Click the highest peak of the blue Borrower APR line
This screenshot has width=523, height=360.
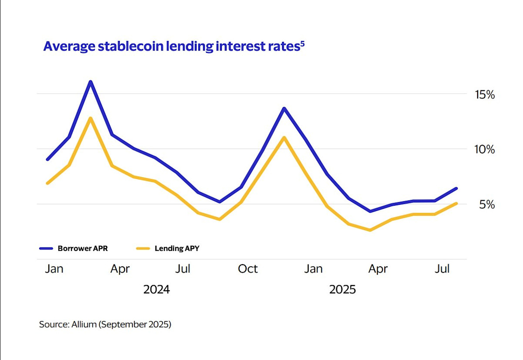coord(90,82)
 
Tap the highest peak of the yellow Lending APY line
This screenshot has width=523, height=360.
coord(90,118)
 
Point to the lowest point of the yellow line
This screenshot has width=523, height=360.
coord(370,230)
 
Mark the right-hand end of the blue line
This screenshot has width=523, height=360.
coord(456,188)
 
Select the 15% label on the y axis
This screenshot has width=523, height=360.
coord(484,94)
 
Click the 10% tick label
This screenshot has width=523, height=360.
coord(484,149)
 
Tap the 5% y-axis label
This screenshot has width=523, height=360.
coord(487,204)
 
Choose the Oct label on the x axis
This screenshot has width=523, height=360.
coord(248,269)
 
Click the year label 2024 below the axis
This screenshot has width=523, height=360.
coord(156,289)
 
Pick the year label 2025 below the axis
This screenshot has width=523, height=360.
coord(343,289)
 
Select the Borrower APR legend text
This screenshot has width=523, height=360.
coord(82,249)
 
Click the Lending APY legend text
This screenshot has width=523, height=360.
coord(177,249)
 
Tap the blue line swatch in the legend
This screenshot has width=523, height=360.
coord(46,249)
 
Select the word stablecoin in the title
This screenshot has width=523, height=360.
coord(129,47)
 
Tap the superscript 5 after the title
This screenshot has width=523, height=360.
coord(302,43)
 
